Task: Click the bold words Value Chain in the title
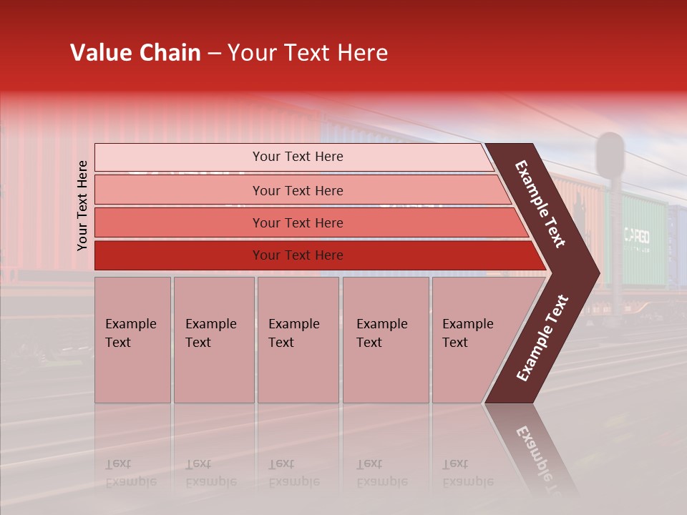(135, 53)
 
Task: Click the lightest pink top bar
(297, 157)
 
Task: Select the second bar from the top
(297, 190)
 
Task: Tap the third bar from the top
(297, 222)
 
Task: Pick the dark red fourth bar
(297, 255)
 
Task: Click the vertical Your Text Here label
(82, 205)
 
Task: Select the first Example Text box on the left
(132, 340)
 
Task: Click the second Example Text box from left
(213, 340)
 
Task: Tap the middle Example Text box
(298, 340)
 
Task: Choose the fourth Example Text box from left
(385, 340)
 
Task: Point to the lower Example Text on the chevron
(543, 338)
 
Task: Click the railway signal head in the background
(610, 154)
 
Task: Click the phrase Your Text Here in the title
(308, 53)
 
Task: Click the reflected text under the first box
(130, 473)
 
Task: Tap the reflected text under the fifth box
(468, 473)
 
